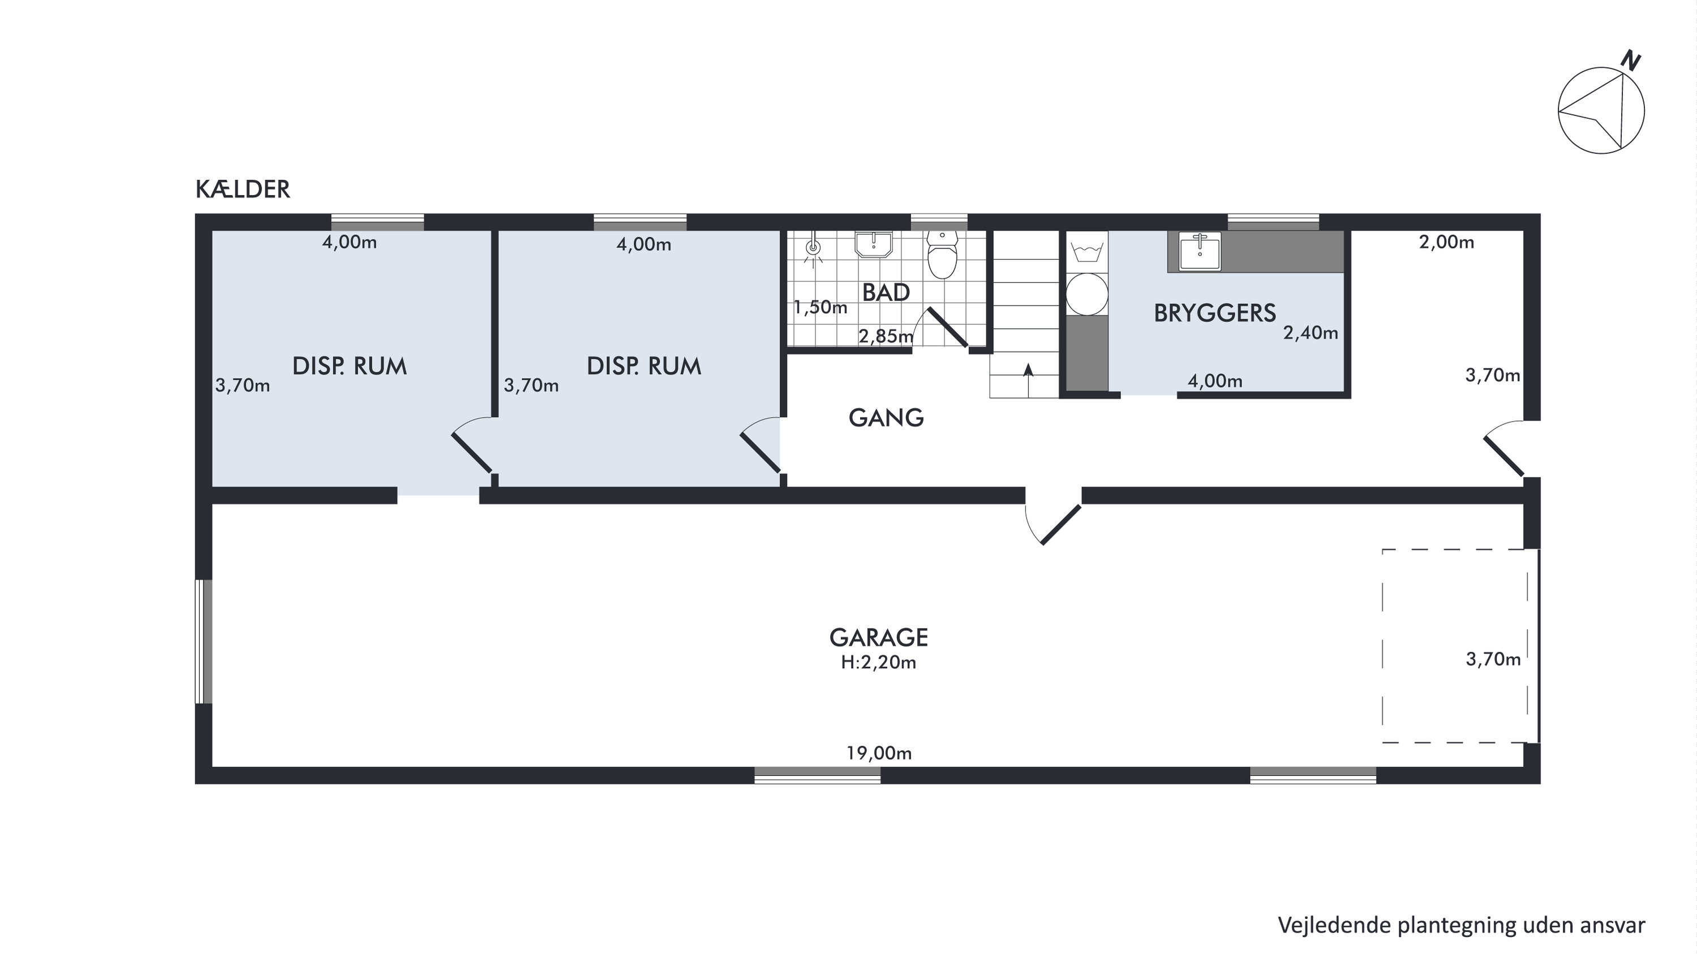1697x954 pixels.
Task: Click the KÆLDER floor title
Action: coord(242,190)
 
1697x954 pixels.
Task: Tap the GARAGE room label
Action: coord(879,638)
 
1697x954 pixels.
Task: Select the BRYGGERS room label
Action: coord(1215,313)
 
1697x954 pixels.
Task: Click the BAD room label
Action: coord(886,293)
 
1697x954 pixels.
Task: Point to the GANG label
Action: coord(886,418)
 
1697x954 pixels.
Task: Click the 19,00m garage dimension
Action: coord(879,753)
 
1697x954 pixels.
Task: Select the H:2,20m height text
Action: coord(879,662)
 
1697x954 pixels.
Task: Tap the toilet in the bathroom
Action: coord(942,255)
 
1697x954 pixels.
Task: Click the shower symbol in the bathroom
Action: coord(814,249)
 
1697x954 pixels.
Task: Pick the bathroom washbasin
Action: coord(874,244)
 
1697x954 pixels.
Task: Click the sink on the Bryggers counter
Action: coord(1200,251)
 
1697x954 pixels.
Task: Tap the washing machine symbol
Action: coord(1087,252)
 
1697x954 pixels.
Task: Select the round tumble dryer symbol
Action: coord(1087,294)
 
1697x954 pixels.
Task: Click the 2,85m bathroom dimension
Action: coord(886,337)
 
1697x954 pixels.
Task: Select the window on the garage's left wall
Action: coord(204,642)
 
